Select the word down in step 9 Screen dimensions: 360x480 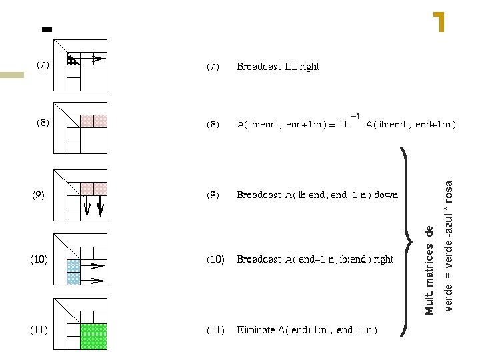pyautogui.click(x=386, y=195)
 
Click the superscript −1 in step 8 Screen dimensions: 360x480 pyautogui.click(x=355, y=117)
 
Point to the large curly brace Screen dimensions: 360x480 pyautogui.click(x=405, y=239)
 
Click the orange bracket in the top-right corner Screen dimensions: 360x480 pyautogui.click(x=439, y=22)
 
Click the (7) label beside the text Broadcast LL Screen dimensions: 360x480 pyautogui.click(x=213, y=67)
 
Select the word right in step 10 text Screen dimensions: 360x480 pyautogui.click(x=383, y=259)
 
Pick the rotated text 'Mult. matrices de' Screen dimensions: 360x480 pyautogui.click(x=430, y=270)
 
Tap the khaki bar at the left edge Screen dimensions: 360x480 pyautogui.click(x=12, y=75)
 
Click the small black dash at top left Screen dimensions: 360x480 pyautogui.click(x=46, y=29)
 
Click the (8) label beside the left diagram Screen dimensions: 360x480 pyautogui.click(x=42, y=123)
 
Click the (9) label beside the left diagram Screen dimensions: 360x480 pyautogui.click(x=39, y=195)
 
